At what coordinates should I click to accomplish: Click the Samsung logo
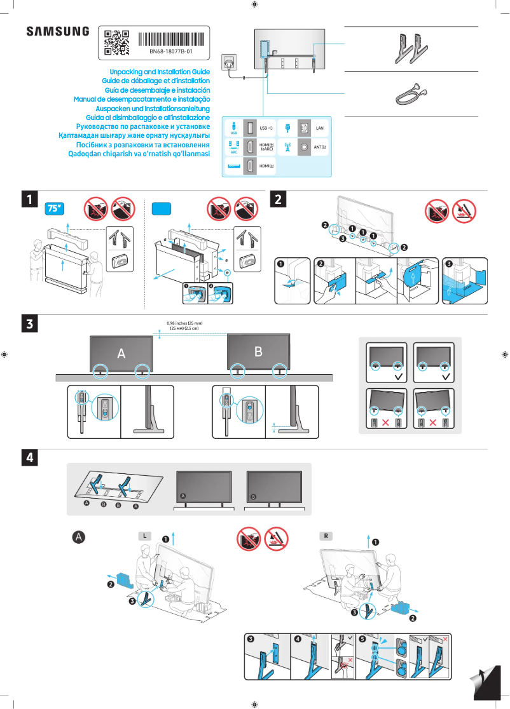point(58,31)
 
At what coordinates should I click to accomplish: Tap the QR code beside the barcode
point(116,42)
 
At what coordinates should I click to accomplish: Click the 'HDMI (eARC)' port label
point(266,147)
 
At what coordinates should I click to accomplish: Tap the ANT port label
point(320,147)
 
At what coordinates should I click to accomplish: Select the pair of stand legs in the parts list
point(410,48)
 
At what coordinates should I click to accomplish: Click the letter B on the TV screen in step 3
point(258,351)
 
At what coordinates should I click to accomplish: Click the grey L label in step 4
point(145,536)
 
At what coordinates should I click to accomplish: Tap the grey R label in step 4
point(326,536)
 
